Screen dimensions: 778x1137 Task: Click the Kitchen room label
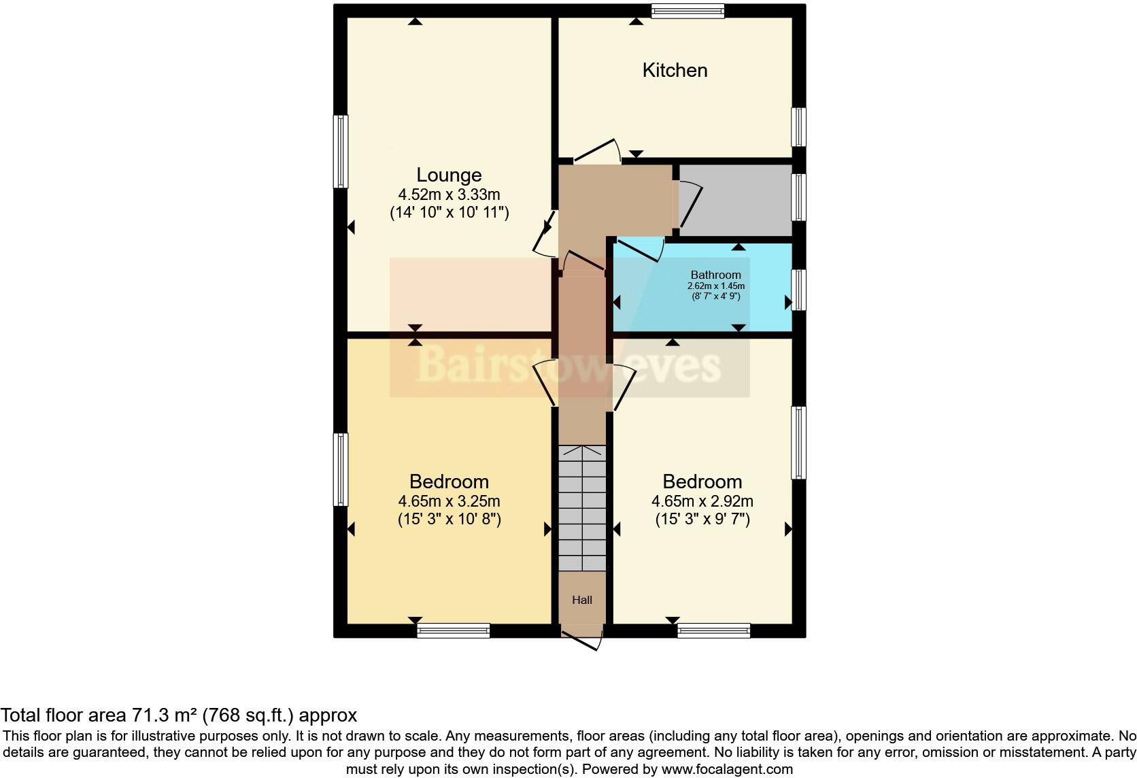675,70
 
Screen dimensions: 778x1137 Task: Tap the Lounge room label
449,175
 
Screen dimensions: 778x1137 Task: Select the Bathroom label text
715,275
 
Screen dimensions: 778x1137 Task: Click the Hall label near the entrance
582,600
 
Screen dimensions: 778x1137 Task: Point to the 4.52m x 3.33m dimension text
449,194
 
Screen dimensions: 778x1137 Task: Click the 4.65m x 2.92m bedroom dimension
702,502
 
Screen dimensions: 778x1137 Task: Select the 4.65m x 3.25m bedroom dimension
449,502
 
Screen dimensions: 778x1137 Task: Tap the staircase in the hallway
582,508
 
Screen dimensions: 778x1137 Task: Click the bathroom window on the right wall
800,290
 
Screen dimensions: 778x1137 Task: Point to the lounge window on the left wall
340,151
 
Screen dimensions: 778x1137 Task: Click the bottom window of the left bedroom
453,630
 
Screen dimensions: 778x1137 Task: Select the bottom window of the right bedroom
713,630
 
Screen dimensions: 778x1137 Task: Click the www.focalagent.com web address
726,770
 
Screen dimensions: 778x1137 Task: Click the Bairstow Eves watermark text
568,365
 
